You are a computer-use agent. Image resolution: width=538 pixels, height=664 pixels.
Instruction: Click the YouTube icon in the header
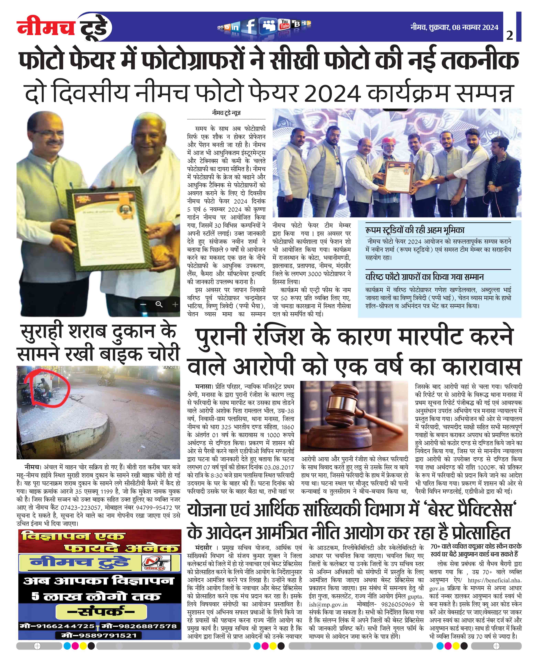click(x=284, y=24)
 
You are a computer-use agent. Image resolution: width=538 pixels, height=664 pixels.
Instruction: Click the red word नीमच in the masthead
click(x=46, y=27)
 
